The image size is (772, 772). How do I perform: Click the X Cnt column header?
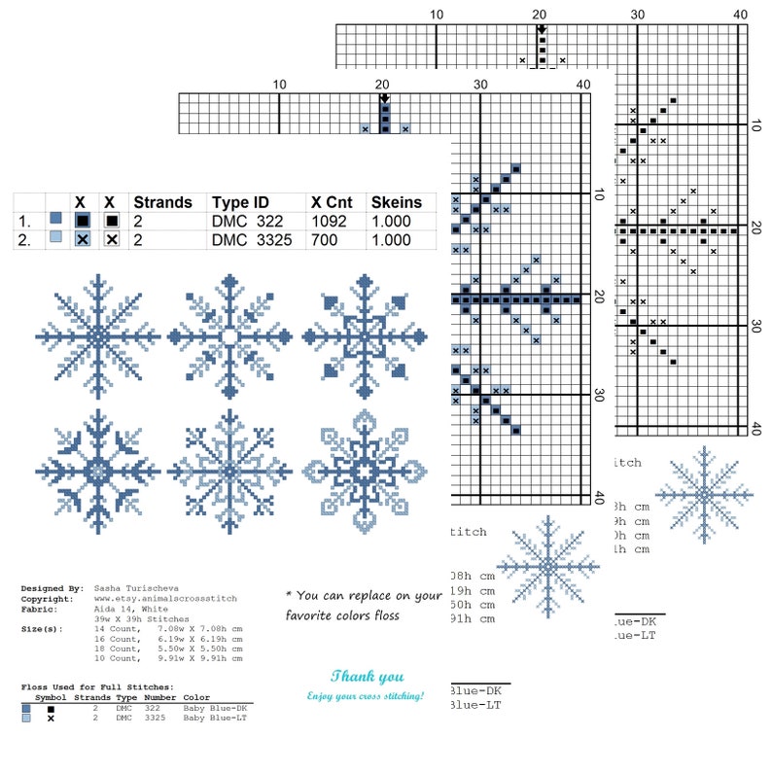coord(332,202)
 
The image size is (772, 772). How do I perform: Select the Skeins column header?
coord(396,202)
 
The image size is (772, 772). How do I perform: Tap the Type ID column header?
coord(240,202)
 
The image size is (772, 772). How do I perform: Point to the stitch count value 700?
coord(325,239)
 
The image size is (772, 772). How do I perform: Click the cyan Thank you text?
coord(367,677)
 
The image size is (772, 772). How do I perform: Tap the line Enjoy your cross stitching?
coord(366,696)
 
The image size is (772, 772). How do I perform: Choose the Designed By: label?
coord(53,588)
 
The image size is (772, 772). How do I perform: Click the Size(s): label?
coord(43,629)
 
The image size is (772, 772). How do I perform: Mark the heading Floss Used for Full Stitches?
coord(97,687)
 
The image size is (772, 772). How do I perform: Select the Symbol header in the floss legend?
coord(51,697)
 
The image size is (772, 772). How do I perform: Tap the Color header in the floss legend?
coord(195,697)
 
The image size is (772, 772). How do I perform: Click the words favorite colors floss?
coord(342,615)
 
